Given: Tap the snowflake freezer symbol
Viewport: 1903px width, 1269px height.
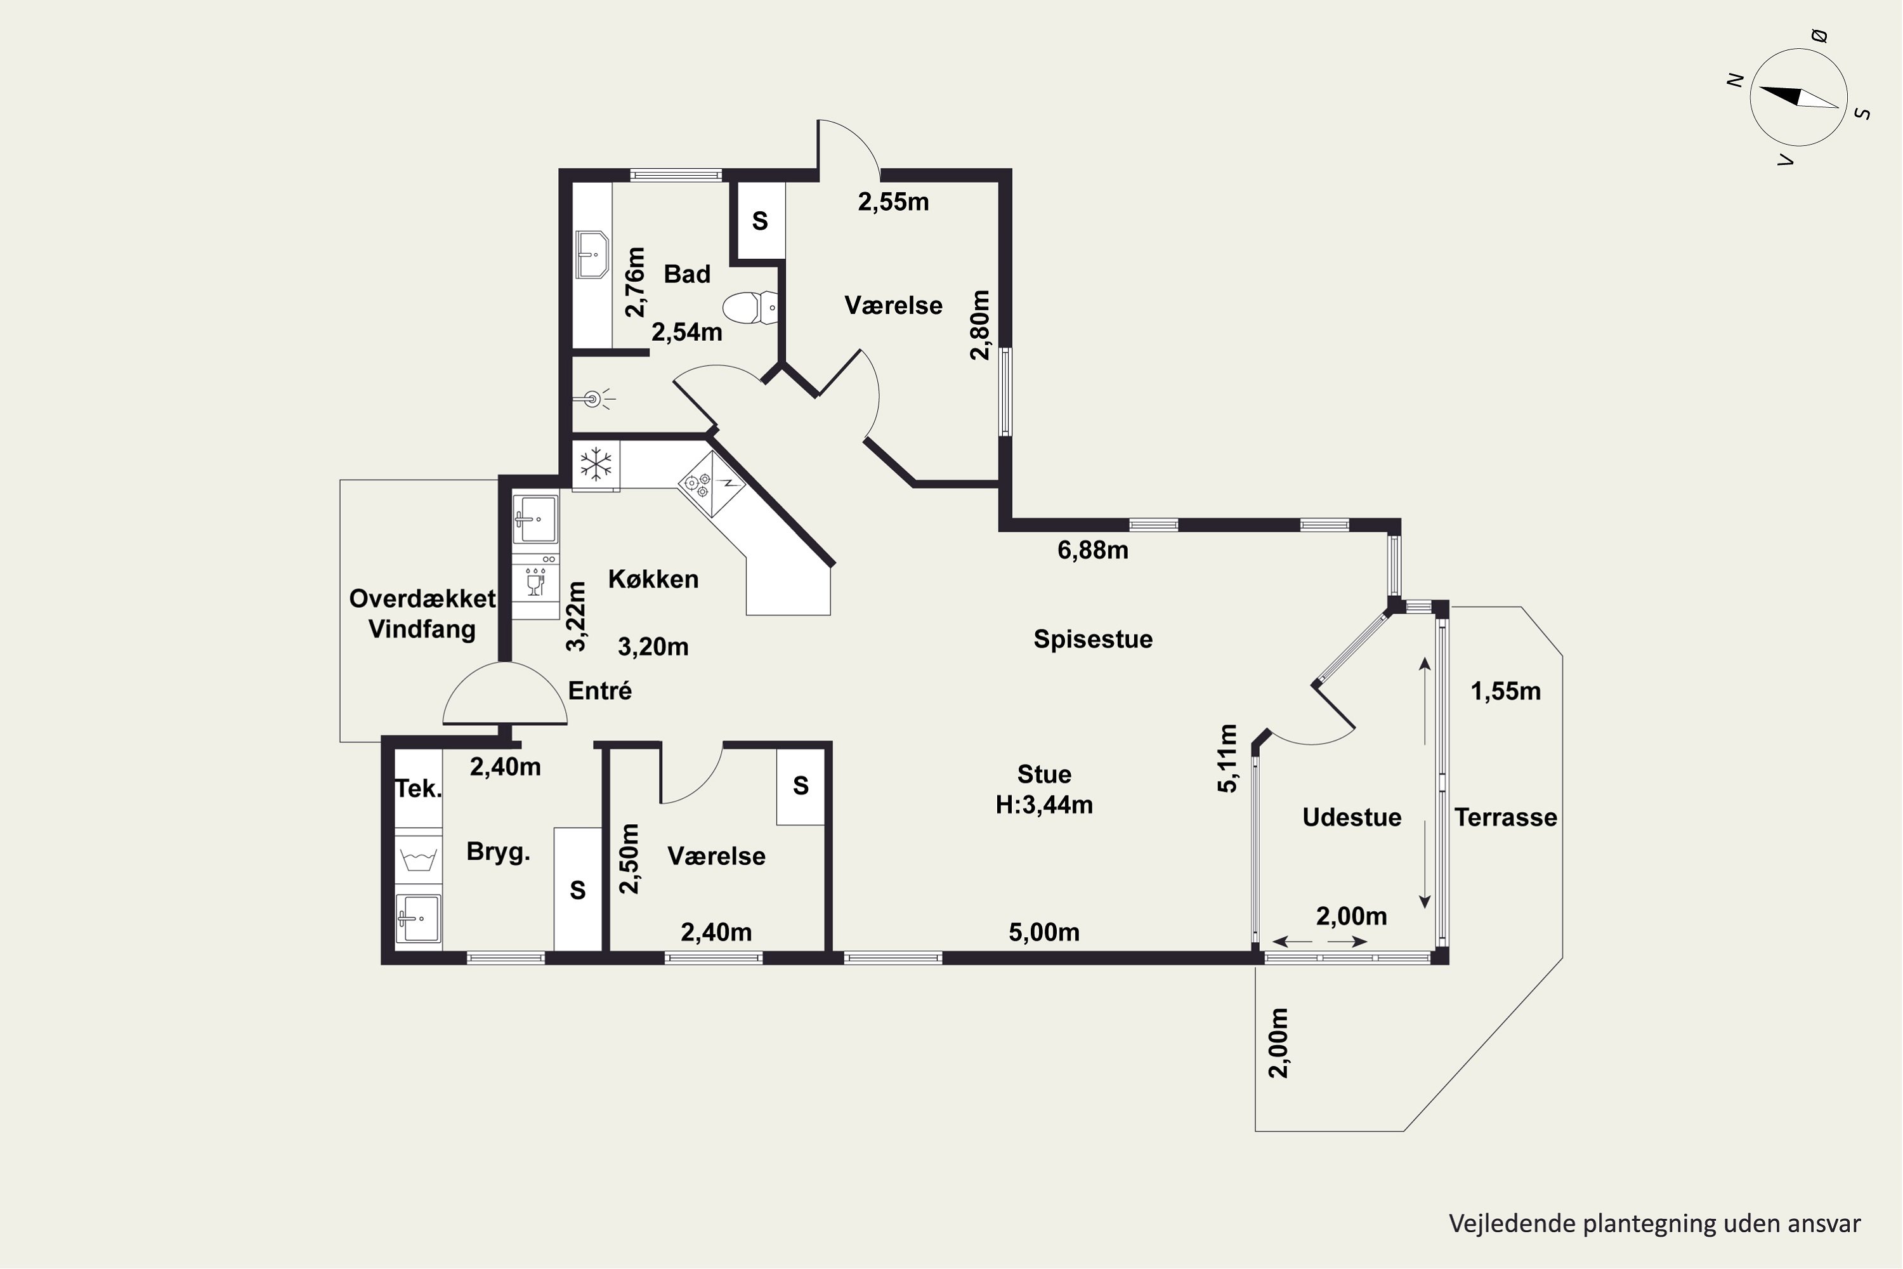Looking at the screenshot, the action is click(x=596, y=465).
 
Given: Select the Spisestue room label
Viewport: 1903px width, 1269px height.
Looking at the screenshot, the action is click(x=1093, y=640).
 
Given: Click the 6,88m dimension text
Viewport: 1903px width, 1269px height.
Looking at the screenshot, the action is click(x=1093, y=550).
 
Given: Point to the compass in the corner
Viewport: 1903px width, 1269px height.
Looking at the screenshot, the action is click(x=1798, y=97).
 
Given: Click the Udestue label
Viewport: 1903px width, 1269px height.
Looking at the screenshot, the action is click(x=1352, y=817).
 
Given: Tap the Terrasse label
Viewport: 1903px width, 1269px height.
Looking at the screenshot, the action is click(x=1506, y=817).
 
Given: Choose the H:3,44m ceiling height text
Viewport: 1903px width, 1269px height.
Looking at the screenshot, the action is click(x=1045, y=805).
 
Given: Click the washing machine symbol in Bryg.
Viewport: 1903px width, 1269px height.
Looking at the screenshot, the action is click(x=418, y=858).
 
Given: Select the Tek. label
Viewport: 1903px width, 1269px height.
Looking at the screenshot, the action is click(x=418, y=788).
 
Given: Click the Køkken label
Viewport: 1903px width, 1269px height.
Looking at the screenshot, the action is click(x=653, y=579).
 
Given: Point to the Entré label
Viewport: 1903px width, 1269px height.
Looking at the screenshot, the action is click(x=599, y=691).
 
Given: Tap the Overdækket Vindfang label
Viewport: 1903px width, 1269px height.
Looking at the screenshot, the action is click(x=422, y=614).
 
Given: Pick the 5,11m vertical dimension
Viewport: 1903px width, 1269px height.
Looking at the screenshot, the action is click(x=1228, y=758).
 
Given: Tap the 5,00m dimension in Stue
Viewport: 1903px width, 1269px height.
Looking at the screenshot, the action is click(x=1045, y=932).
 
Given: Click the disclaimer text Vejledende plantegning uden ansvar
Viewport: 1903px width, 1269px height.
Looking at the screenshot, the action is click(x=1654, y=1225).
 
